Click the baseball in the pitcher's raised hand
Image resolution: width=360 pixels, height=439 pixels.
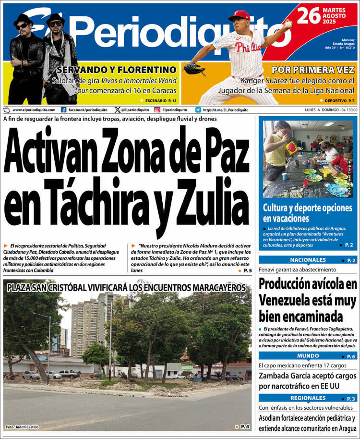coord(288,23)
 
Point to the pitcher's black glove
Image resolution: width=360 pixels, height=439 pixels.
coord(194,68)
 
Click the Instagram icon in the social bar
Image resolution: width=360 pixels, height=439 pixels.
coord(156,110)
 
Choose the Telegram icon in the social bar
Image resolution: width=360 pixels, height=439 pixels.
coord(198,110)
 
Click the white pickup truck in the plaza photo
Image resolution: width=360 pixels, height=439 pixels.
coord(69,373)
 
